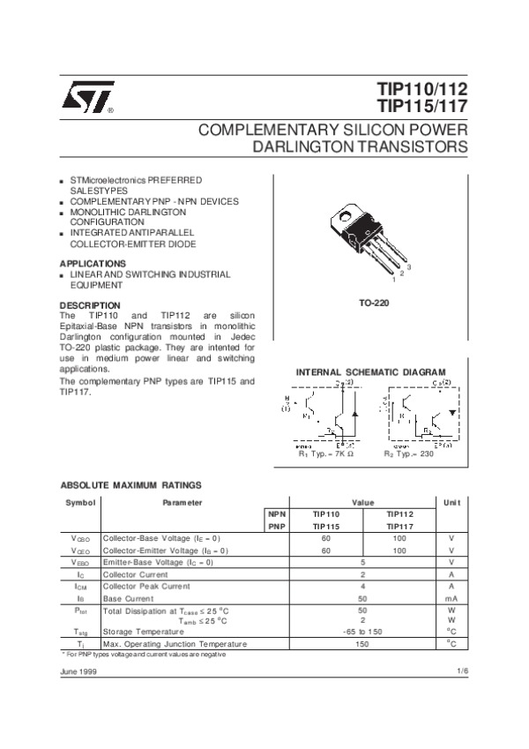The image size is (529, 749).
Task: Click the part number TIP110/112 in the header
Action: point(422,90)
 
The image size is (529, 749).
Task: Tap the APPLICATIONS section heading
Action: point(93,264)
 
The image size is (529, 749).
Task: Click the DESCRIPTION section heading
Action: point(90,305)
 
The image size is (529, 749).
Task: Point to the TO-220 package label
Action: point(375,303)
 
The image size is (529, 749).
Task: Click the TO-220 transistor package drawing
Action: point(370,236)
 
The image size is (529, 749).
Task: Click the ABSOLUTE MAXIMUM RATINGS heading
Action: point(130,485)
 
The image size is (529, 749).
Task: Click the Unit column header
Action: point(451,502)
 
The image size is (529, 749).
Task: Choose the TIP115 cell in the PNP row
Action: point(326,526)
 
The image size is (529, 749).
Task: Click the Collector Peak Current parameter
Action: point(146,586)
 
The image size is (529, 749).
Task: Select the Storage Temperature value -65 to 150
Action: point(362,632)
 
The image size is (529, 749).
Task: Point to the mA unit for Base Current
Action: point(451,598)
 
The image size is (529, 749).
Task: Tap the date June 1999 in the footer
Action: point(78,671)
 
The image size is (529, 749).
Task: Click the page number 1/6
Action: point(462,671)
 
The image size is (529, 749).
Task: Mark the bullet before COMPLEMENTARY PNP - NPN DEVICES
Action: point(62,202)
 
